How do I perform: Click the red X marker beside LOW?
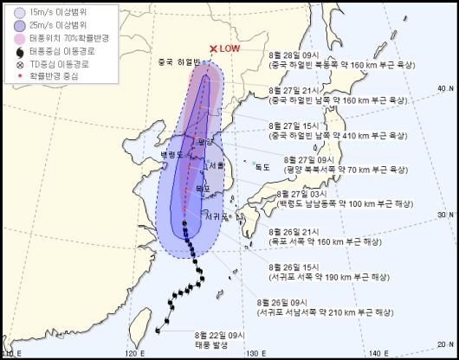(213, 49)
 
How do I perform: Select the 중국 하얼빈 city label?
(178, 63)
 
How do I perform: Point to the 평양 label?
(205, 140)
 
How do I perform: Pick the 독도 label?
(262, 166)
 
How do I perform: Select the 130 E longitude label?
(252, 352)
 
